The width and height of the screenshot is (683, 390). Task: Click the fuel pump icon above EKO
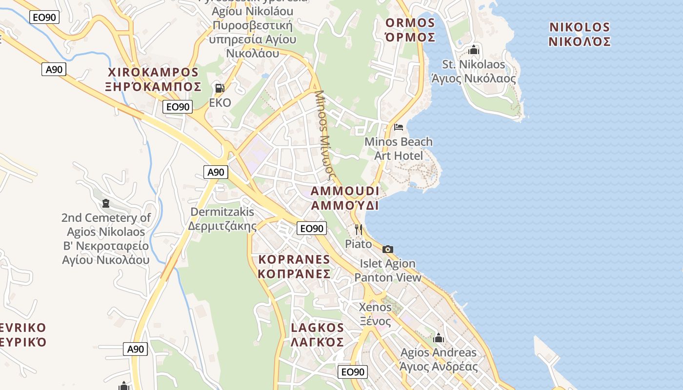click(220, 88)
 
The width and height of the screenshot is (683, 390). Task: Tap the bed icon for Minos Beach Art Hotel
click(399, 127)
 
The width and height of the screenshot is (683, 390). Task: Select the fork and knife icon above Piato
click(359, 229)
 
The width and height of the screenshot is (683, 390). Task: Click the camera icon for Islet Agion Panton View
click(388, 249)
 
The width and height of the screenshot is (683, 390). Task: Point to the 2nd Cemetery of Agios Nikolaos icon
click(106, 203)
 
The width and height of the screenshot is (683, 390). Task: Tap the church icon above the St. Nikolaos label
click(473, 50)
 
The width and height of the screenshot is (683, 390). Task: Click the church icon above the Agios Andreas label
click(439, 338)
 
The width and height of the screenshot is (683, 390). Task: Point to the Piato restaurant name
click(359, 244)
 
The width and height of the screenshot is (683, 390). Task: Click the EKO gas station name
click(220, 103)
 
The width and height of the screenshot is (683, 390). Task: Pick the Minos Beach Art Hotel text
click(399, 149)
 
